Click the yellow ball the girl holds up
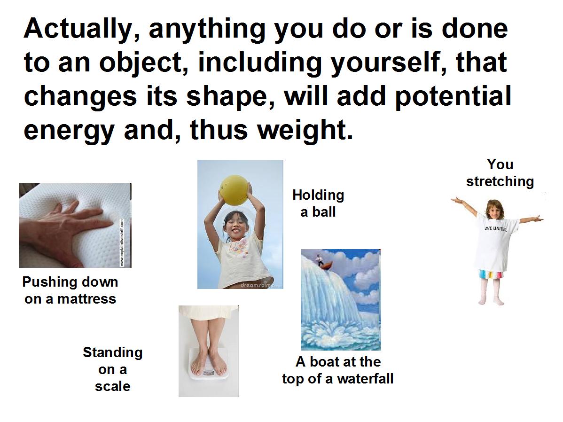point(235,190)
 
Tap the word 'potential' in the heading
point(453,97)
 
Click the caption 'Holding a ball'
point(318,203)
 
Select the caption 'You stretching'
point(500,173)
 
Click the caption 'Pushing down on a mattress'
point(70,290)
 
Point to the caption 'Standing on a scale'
point(112,369)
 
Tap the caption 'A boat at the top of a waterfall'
point(337,370)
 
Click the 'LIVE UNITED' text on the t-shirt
point(495,229)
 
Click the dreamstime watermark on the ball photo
point(258,285)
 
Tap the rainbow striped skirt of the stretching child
point(491,275)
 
